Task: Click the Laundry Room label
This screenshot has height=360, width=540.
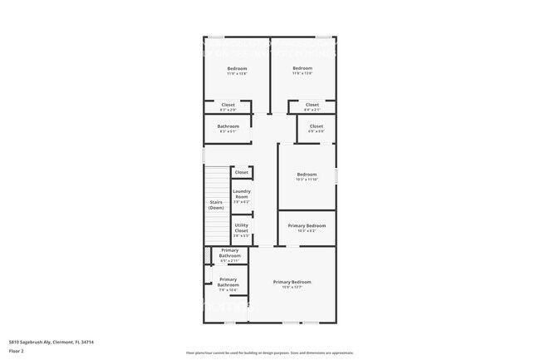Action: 242,194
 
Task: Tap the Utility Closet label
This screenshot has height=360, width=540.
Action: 242,227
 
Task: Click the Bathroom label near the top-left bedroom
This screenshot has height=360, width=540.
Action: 228,126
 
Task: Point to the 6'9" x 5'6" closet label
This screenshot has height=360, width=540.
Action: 317,127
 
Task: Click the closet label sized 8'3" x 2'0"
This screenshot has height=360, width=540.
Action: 228,106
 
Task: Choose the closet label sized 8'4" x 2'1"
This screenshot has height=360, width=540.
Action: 312,106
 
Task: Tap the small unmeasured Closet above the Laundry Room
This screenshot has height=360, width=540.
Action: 241,172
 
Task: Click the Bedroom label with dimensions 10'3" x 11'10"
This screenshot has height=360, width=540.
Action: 307,175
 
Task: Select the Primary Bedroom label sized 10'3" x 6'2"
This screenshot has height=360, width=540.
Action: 307,226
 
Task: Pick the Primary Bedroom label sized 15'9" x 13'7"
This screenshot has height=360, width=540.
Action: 292,283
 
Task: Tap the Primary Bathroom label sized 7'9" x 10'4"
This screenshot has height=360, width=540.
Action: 228,283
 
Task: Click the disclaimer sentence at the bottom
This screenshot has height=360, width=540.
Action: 270,353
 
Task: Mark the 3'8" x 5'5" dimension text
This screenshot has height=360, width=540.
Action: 242,236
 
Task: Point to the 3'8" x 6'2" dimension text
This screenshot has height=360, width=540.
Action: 242,202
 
